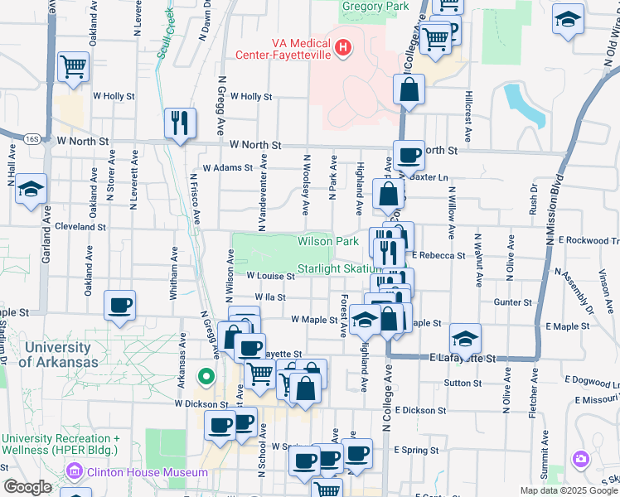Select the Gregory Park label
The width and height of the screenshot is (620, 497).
tap(375, 7)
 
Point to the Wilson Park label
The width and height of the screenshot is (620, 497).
tap(328, 241)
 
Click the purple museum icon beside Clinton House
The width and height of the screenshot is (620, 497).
tap(76, 473)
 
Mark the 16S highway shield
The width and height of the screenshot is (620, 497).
tap(32, 139)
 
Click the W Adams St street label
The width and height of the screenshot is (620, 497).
tap(226, 167)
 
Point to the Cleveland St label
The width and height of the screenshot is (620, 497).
tap(80, 226)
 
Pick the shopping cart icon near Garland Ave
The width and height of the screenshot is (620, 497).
tap(74, 65)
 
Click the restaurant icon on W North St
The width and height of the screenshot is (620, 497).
tap(180, 123)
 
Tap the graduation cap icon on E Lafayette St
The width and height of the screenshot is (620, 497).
tap(466, 337)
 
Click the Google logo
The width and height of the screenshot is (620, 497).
tap(27, 487)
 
